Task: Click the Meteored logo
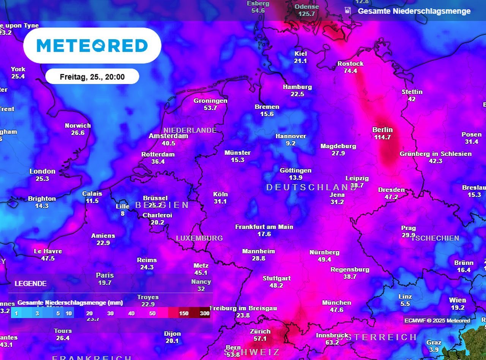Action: coord(92,46)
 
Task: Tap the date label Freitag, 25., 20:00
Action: coord(92,77)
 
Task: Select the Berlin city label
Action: coord(382,130)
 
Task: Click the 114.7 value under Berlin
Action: coord(382,137)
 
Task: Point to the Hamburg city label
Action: coord(297,87)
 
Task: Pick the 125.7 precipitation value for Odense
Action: coord(307,14)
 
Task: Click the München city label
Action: coord(336,303)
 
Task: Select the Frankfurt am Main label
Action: coord(264,227)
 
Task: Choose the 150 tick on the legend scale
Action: coord(184,313)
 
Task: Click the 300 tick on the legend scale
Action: coord(205,313)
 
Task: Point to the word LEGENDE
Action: coord(31,284)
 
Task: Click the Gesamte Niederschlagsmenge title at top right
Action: coord(414,11)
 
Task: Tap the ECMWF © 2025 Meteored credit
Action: coord(437,321)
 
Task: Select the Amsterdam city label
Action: coord(168,136)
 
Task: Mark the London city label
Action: coord(43,171)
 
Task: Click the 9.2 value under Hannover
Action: coord(291,143)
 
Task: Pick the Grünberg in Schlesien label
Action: coord(436,154)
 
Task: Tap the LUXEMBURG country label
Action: coord(199,238)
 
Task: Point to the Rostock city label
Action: coord(350,63)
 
